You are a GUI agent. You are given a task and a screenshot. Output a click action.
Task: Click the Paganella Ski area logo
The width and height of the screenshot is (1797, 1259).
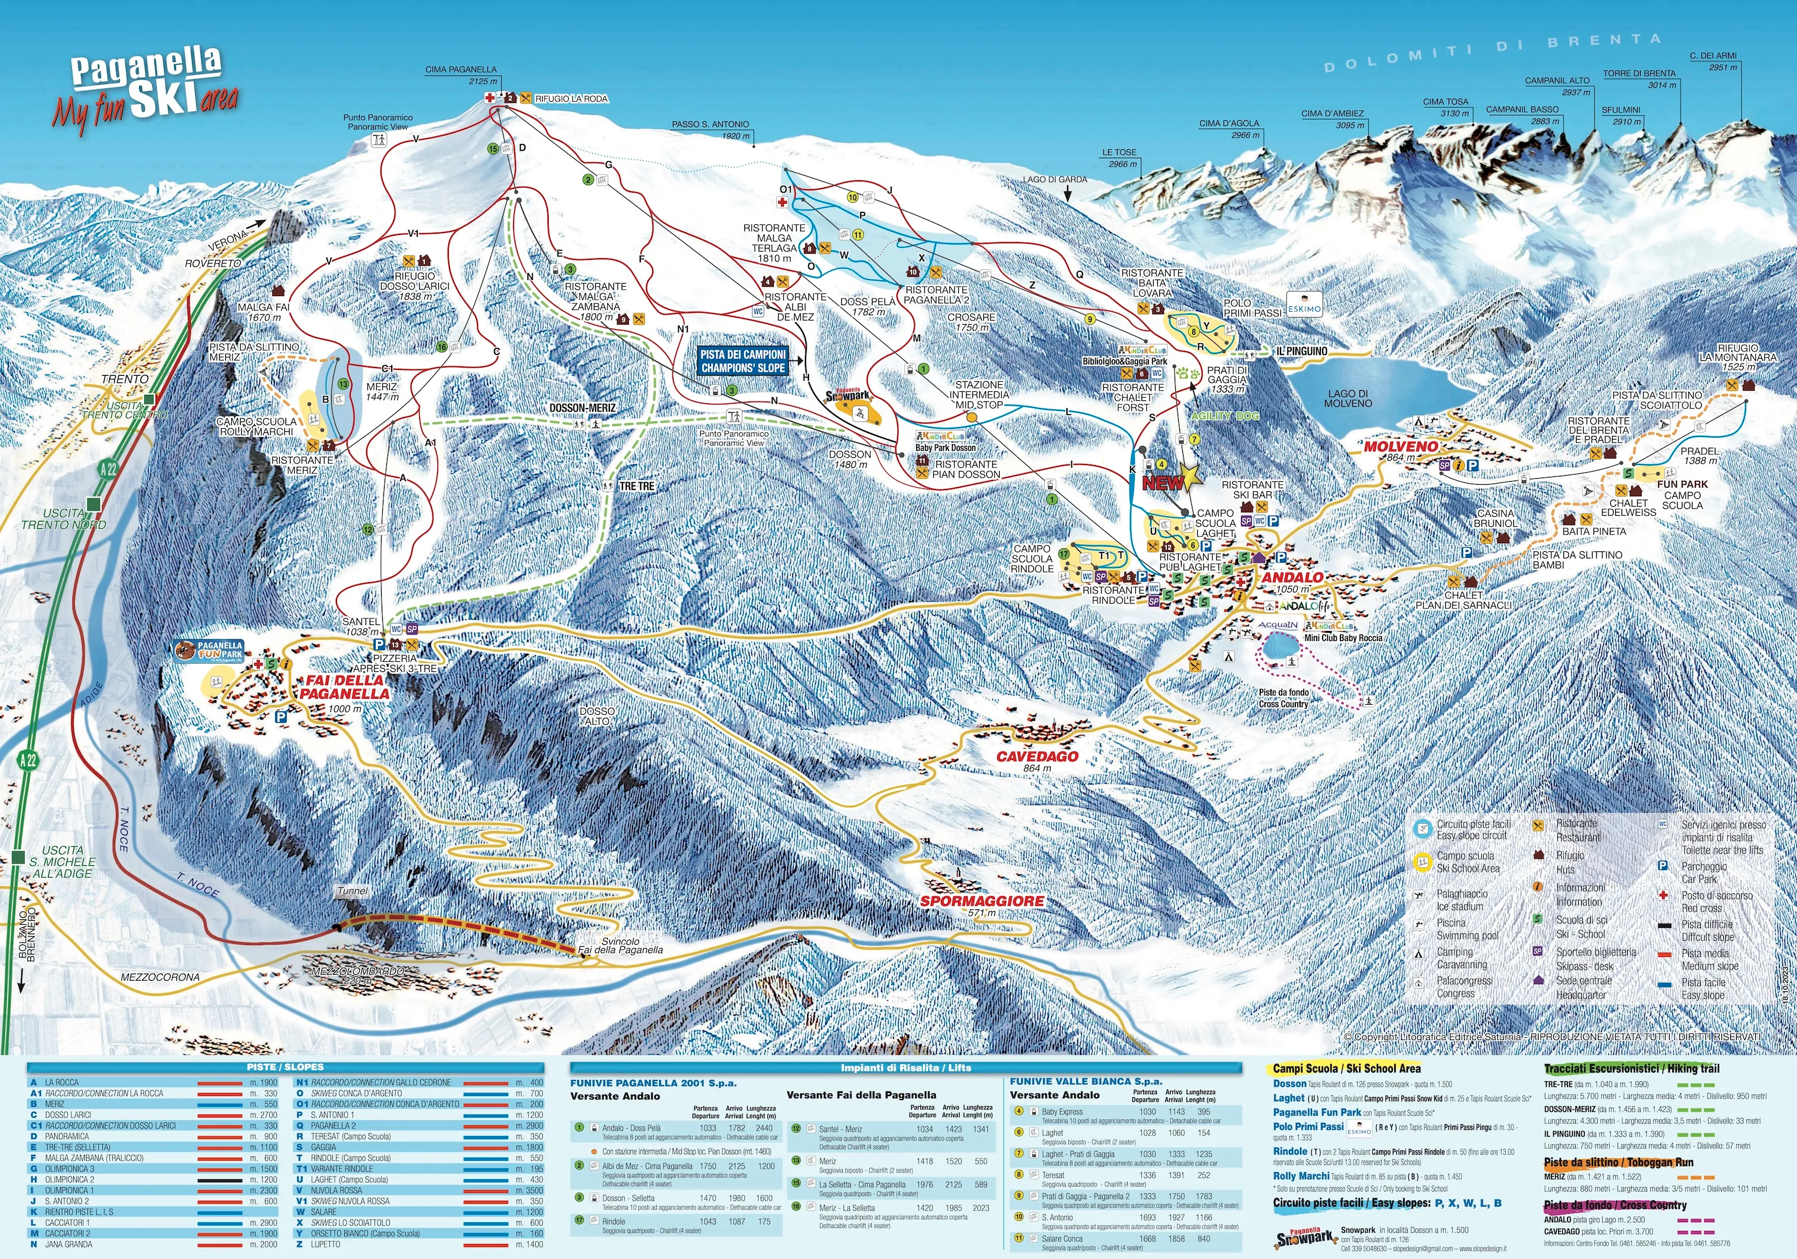pyautogui.click(x=146, y=89)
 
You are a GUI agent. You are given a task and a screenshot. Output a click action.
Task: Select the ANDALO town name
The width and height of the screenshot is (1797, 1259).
pyautogui.click(x=1292, y=577)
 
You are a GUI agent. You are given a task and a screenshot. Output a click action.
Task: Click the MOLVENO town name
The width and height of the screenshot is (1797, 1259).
pyautogui.click(x=1400, y=446)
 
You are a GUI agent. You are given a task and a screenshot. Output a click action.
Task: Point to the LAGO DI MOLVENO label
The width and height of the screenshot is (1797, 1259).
pyautogui.click(x=1348, y=398)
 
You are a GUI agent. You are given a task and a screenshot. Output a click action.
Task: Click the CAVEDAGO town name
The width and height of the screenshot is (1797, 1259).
pyautogui.click(x=1037, y=756)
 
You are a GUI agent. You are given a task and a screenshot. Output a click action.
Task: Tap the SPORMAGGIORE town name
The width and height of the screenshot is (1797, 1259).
pyautogui.click(x=981, y=901)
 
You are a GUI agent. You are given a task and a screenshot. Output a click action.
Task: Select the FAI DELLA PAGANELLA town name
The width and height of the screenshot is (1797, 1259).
pyautogui.click(x=344, y=687)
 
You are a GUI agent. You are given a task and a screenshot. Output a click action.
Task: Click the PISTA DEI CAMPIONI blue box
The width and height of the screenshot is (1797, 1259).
pyautogui.click(x=742, y=361)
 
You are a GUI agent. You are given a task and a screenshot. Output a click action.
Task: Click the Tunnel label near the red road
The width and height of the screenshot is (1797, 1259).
pyautogui.click(x=352, y=891)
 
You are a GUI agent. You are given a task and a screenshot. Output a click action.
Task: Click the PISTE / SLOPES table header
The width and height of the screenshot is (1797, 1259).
pyautogui.click(x=285, y=1067)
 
